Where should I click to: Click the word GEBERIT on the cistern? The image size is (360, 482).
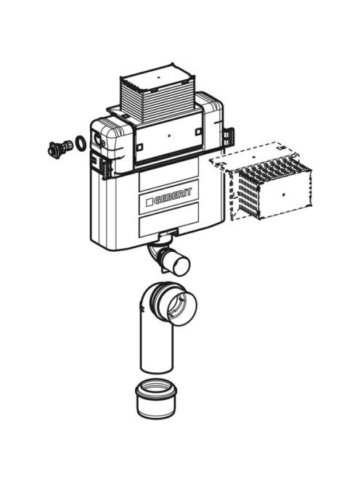pos(173,197)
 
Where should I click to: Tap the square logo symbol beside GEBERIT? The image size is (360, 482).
pos(150,202)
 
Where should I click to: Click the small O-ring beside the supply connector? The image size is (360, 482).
pos(81,143)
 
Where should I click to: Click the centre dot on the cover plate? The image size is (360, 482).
pos(168,135)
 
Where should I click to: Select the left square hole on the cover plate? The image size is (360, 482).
pos(139,147)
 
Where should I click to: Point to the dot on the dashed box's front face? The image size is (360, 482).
pos(284,195)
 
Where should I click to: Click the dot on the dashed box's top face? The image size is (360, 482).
pos(254,157)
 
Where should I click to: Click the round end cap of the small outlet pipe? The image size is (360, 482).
pos(181,266)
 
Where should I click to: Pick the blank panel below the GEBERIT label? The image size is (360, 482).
pos(168,226)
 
